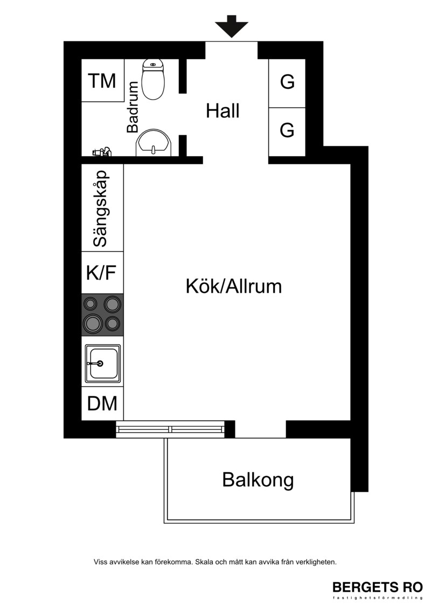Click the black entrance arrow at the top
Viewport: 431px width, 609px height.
(x=232, y=26)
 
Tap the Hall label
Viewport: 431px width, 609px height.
(x=223, y=111)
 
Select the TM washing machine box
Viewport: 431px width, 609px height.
(x=102, y=80)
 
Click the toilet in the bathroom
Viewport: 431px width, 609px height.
(x=154, y=79)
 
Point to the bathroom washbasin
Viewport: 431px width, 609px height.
(x=153, y=143)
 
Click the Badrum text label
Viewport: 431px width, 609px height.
(x=133, y=107)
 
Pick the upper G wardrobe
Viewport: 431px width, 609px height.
(x=287, y=83)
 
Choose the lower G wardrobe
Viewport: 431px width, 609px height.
(x=287, y=132)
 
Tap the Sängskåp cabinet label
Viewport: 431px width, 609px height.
(x=100, y=208)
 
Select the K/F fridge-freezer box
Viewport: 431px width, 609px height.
(x=102, y=272)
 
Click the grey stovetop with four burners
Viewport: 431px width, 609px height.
(x=102, y=315)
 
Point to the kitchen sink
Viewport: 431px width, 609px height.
(x=102, y=363)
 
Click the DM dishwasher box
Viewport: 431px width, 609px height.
(x=102, y=403)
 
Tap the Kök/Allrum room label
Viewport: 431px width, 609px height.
(x=234, y=286)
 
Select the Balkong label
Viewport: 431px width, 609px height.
(x=258, y=480)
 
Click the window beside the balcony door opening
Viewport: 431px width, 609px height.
(x=171, y=429)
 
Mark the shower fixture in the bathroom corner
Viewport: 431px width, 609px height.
(x=102, y=152)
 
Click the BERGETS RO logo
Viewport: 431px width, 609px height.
(x=377, y=589)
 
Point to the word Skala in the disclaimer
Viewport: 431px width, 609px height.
(x=203, y=562)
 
